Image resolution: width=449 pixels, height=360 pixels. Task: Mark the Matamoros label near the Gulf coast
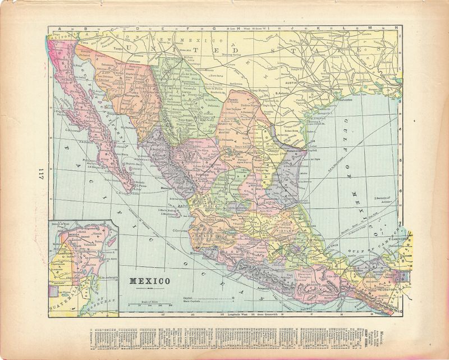296,151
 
